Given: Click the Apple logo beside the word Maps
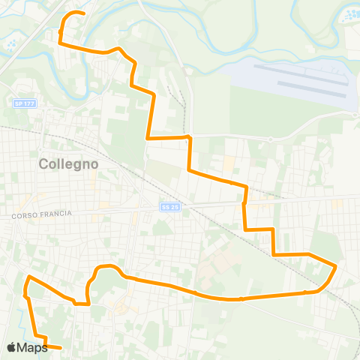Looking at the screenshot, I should [12, 347].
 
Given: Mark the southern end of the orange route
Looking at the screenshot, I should [61, 349].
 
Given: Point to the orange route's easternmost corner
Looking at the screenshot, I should [336, 266].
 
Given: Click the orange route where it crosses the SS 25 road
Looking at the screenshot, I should [244, 204].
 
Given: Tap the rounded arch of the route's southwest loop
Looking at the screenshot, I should [106, 267].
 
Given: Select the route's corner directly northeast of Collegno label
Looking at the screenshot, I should [148, 138].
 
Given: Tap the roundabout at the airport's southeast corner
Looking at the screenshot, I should [353, 113].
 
